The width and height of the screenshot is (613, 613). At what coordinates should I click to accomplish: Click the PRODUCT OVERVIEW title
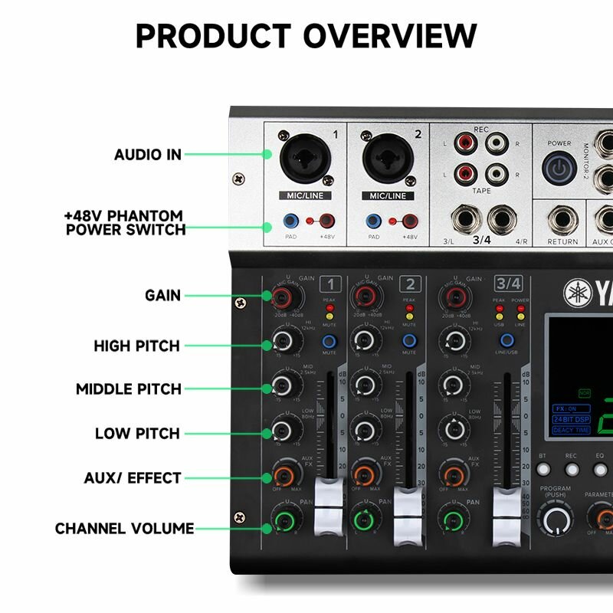click(x=306, y=36)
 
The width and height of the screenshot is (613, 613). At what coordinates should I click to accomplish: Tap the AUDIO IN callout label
click(x=148, y=154)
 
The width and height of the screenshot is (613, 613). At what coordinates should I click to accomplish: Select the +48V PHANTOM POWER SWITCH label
click(x=124, y=222)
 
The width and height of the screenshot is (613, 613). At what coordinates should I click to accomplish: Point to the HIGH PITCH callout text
click(x=136, y=346)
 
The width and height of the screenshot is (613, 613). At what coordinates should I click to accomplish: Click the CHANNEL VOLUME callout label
click(x=124, y=529)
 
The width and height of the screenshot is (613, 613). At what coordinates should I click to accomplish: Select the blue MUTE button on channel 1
click(x=329, y=340)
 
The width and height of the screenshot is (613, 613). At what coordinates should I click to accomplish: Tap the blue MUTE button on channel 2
click(x=411, y=340)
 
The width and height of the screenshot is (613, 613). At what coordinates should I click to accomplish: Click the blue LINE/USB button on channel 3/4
click(x=506, y=340)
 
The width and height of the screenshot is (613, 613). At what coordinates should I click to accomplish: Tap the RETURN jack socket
click(x=562, y=221)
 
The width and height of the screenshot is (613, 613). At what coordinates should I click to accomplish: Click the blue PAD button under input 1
click(x=290, y=223)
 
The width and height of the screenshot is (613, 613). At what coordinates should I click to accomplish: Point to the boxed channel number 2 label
click(x=411, y=284)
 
